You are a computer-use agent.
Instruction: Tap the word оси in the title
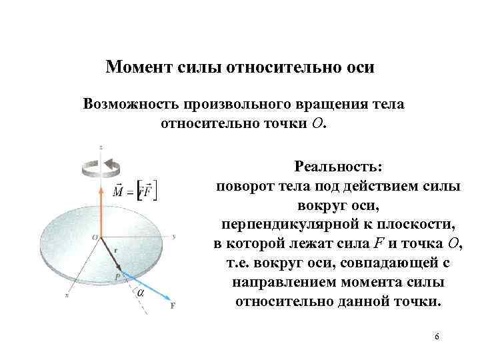(358, 68)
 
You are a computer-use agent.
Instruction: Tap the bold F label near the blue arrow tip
(173, 306)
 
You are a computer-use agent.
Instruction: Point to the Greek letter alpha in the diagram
(141, 292)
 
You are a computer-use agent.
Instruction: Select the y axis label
(173, 236)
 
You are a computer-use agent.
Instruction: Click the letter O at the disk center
(94, 237)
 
